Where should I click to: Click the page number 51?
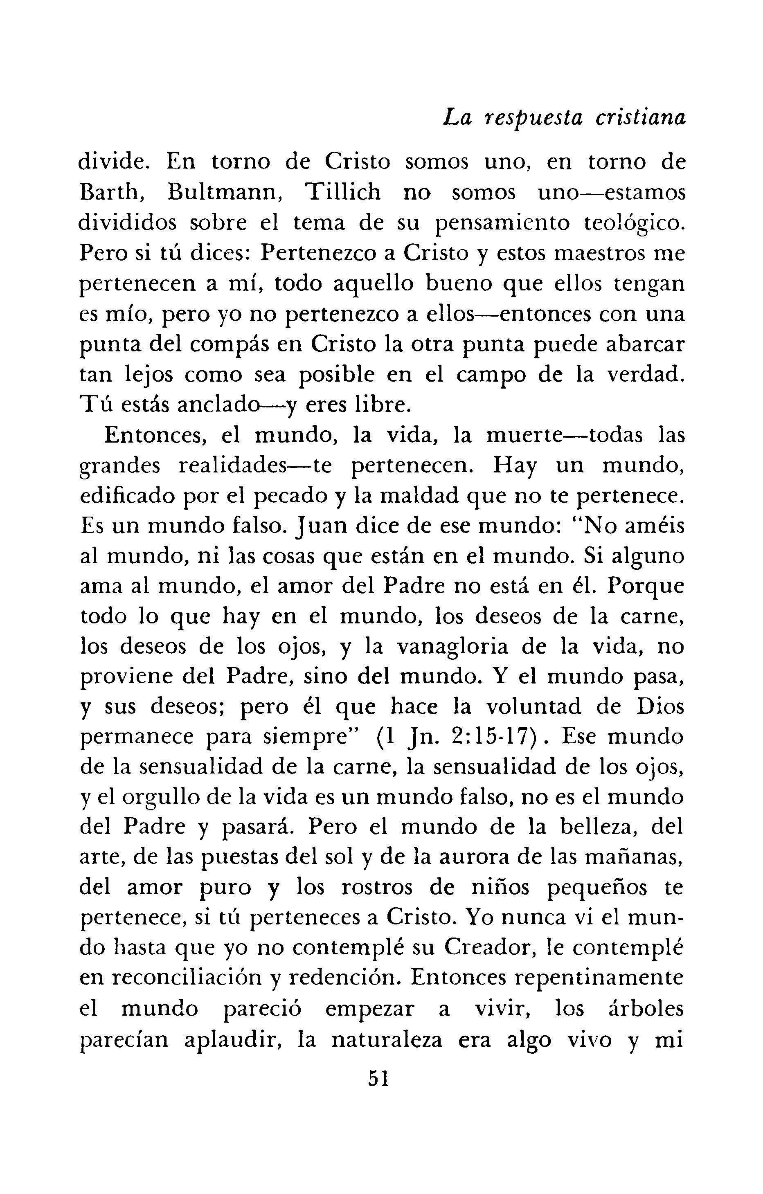click(x=378, y=1079)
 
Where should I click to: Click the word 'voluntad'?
click(x=533, y=708)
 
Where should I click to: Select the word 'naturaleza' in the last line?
click(x=386, y=1040)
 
